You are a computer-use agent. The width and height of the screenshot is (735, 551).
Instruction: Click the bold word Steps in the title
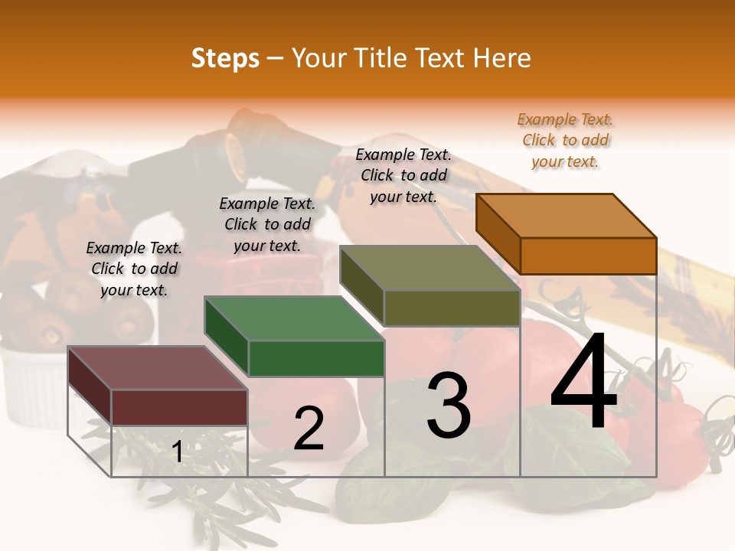tap(225, 58)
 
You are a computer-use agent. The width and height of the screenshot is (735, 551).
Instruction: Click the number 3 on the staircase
tap(449, 406)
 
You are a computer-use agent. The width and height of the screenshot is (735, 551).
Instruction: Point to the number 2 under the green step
tap(309, 429)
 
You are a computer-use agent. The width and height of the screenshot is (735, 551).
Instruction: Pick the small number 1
tap(178, 452)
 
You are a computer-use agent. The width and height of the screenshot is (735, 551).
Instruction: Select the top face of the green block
tap(294, 318)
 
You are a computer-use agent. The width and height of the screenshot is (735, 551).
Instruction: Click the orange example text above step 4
tap(565, 140)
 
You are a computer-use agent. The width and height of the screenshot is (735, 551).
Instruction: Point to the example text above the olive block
tap(403, 175)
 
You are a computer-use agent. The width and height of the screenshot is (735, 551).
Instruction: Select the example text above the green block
tap(267, 224)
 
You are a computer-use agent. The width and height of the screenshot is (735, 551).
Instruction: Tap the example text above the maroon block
tap(134, 269)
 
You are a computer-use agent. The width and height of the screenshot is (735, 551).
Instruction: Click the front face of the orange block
tap(588, 256)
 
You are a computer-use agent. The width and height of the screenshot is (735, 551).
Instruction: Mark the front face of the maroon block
tap(179, 407)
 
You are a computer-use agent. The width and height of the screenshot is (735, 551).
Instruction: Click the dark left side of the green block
tap(227, 337)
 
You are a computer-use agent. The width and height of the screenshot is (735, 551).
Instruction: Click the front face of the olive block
tap(452, 308)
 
